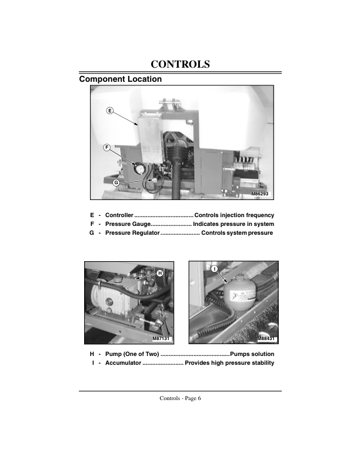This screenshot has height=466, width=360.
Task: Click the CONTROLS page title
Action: (180, 64)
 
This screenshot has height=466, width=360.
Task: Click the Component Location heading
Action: (121, 79)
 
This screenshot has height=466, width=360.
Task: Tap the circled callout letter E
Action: (109, 111)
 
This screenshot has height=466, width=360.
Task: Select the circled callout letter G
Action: (116, 183)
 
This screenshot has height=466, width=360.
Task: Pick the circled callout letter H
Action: (159, 274)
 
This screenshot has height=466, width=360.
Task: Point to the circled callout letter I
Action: (214, 268)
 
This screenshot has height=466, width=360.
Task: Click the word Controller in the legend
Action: (119, 215)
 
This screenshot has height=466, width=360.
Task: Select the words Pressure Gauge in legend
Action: (128, 224)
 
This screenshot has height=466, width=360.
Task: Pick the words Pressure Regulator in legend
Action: (132, 234)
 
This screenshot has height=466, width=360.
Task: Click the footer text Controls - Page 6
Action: (180, 398)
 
